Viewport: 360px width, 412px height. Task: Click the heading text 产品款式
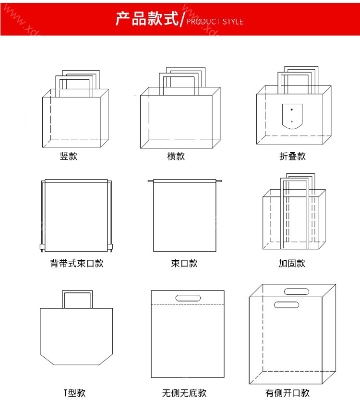[147, 19]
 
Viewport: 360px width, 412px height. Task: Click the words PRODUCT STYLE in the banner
[215, 22]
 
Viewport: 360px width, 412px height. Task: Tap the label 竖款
[69, 156]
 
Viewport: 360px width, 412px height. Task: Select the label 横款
[176, 156]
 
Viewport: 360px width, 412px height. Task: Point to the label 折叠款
[292, 156]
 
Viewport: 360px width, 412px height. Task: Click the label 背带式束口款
[77, 263]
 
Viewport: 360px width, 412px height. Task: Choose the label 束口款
[184, 263]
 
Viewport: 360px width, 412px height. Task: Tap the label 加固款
[292, 263]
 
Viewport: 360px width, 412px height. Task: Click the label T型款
[74, 393]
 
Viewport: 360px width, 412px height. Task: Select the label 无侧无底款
[184, 393]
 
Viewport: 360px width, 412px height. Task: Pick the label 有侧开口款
[287, 393]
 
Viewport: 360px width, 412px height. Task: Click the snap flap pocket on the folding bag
[292, 116]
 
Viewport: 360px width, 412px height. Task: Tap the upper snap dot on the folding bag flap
[292, 109]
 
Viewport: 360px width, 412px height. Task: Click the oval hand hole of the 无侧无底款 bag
[188, 298]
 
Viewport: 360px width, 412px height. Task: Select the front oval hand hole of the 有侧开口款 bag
[287, 305]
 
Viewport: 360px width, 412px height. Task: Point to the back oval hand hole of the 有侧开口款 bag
[297, 291]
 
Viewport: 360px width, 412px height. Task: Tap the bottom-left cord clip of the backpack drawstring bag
[41, 247]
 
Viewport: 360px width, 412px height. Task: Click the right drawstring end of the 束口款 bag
[219, 181]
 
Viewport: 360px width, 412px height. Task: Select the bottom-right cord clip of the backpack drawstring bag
[111, 247]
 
